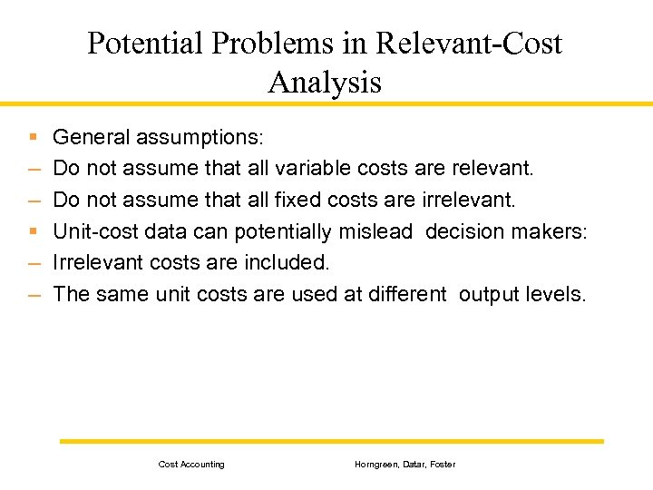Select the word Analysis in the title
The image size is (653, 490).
pyautogui.click(x=325, y=83)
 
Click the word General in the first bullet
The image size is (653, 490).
pyautogui.click(x=92, y=137)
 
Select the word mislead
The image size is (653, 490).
pyautogui.click(x=375, y=231)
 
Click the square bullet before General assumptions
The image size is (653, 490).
pyautogui.click(x=33, y=138)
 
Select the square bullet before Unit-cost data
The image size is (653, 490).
pyautogui.click(x=33, y=232)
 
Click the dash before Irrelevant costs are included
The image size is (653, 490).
pyautogui.click(x=34, y=264)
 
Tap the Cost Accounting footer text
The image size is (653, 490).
pyautogui.click(x=191, y=465)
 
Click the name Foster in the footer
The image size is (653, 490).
pyautogui.click(x=443, y=465)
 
